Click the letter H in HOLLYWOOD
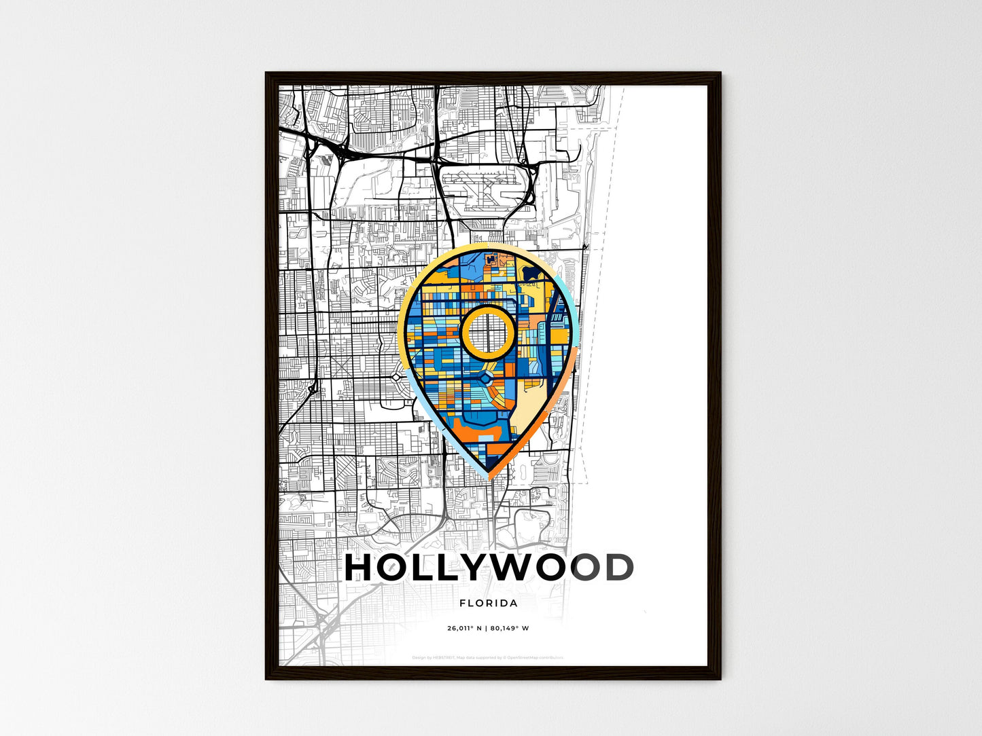360,568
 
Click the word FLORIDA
488,603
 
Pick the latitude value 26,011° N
465,628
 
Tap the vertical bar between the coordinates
486,628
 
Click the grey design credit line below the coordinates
488,657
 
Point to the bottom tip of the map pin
490,477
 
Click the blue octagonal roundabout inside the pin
487,376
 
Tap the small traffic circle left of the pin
396,376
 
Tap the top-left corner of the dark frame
266,73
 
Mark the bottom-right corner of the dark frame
720,678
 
